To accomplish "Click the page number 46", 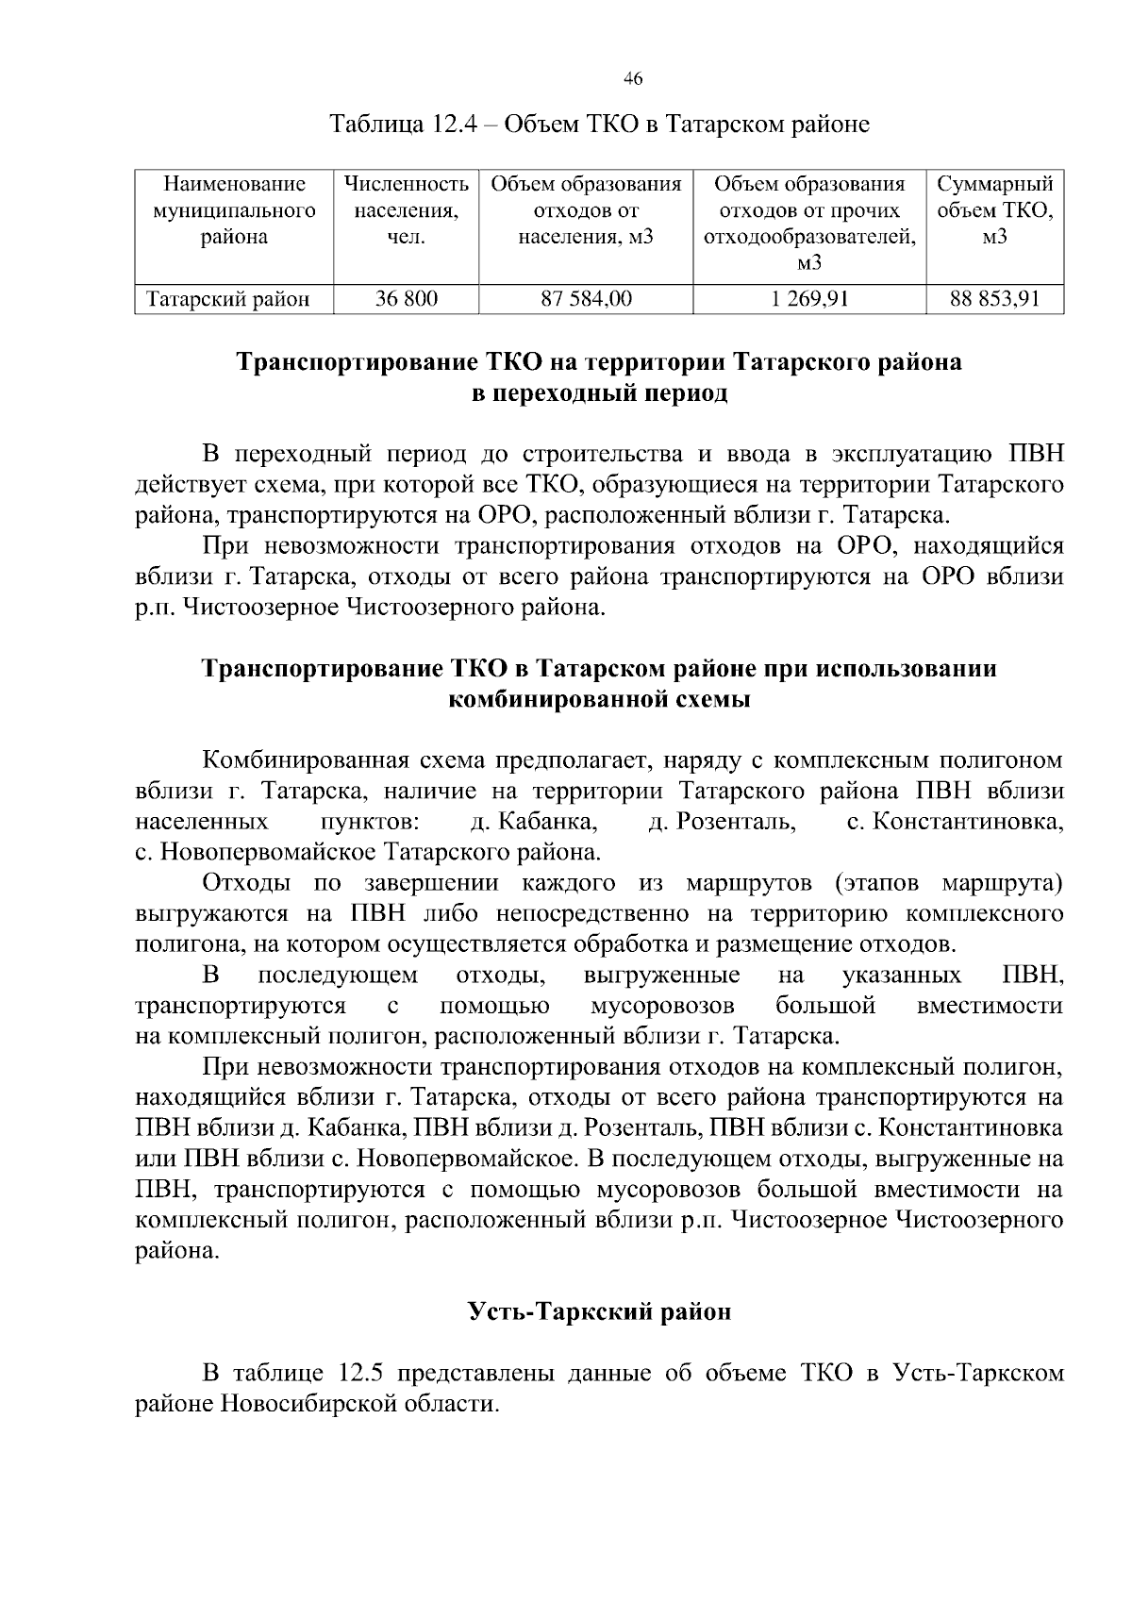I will pyautogui.click(x=633, y=80).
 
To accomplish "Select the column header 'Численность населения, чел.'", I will pyautogui.click(x=406, y=210).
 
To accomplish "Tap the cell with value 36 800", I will pyautogui.click(x=406, y=300).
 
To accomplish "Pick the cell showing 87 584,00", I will pyautogui.click(x=586, y=300).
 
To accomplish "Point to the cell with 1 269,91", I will pyautogui.click(x=809, y=300).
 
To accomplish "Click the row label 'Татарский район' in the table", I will pyautogui.click(x=227, y=300).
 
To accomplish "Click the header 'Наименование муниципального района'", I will pyautogui.click(x=234, y=210).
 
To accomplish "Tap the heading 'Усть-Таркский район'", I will pyautogui.click(x=599, y=1311).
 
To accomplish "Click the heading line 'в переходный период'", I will pyautogui.click(x=599, y=392).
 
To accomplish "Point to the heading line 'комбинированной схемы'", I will pyautogui.click(x=599, y=699).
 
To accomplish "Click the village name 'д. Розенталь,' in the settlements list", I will pyautogui.click(x=724, y=822).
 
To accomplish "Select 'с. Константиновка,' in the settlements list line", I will pyautogui.click(x=955, y=822).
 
